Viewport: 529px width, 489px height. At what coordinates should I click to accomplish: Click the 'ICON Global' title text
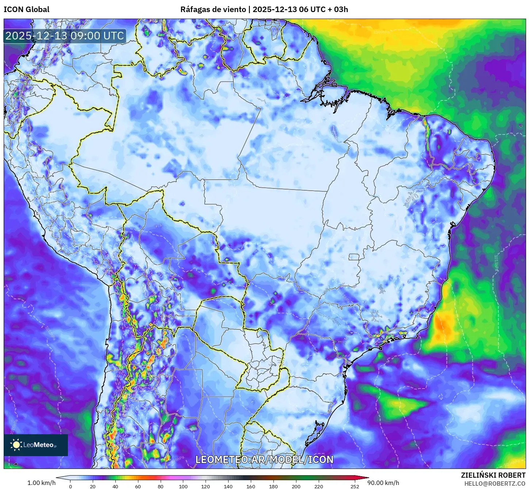click(26, 9)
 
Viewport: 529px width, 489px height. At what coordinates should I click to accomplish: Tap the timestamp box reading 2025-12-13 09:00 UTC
click(65, 36)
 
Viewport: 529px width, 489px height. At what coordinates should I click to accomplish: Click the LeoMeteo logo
click(36, 445)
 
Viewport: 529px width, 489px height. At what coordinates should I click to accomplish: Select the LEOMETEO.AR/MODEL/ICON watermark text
click(264, 459)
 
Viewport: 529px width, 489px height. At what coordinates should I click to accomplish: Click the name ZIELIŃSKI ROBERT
click(493, 475)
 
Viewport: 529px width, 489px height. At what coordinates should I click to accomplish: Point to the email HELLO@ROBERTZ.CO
click(495, 484)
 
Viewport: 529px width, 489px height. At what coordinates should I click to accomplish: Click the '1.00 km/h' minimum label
click(41, 483)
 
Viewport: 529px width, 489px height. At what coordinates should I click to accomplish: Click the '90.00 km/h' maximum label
click(386, 483)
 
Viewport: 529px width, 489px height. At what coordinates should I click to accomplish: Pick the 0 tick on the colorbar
click(70, 486)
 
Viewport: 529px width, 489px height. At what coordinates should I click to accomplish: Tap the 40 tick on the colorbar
click(115, 486)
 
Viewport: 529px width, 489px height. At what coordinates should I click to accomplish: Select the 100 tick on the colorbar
click(183, 486)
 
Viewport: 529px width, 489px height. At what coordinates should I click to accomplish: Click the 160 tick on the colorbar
click(251, 486)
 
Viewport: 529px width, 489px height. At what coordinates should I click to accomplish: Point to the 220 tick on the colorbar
click(318, 486)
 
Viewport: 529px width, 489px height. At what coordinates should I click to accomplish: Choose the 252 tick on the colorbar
click(354, 486)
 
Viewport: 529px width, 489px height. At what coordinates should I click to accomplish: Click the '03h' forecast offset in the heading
click(341, 9)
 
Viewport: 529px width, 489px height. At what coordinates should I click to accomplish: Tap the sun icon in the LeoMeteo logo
click(16, 445)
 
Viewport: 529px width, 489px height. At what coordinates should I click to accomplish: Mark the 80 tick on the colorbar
click(161, 486)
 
